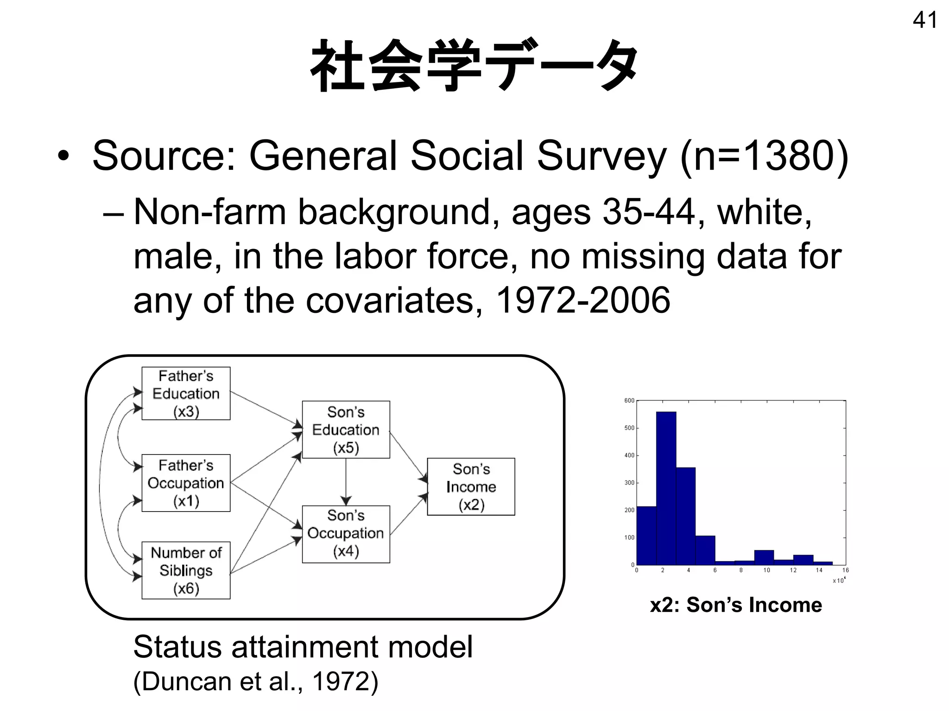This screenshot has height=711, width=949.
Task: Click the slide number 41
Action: pyautogui.click(x=924, y=20)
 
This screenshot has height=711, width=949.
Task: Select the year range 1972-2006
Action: pyautogui.click(x=583, y=300)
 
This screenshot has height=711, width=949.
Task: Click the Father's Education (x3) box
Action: pyautogui.click(x=186, y=393)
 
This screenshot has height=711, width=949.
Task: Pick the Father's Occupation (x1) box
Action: pyautogui.click(x=186, y=483)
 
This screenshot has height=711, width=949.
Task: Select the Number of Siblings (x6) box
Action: pyautogui.click(x=186, y=570)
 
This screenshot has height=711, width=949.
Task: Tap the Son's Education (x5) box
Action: pyautogui.click(x=346, y=430)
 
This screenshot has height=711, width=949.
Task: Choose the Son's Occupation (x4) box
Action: pyautogui.click(x=346, y=534)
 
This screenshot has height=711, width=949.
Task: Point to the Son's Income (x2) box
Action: pyautogui.click(x=471, y=486)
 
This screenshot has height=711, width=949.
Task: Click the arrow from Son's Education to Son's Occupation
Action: pyautogui.click(x=346, y=481)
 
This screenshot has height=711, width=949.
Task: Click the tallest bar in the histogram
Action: pyautogui.click(x=666, y=486)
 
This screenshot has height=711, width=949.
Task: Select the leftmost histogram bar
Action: pyautogui.click(x=646, y=535)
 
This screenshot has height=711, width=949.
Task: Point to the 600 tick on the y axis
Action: pyautogui.click(x=629, y=400)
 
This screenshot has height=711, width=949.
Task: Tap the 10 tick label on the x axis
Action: pyautogui.click(x=766, y=570)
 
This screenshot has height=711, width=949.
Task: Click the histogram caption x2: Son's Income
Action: pyautogui.click(x=736, y=605)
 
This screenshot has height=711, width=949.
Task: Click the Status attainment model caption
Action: pyautogui.click(x=303, y=647)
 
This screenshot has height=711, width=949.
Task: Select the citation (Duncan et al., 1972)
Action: pyautogui.click(x=256, y=681)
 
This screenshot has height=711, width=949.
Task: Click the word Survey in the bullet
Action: pyautogui.click(x=601, y=156)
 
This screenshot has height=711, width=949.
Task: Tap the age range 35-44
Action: pyautogui.click(x=649, y=212)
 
